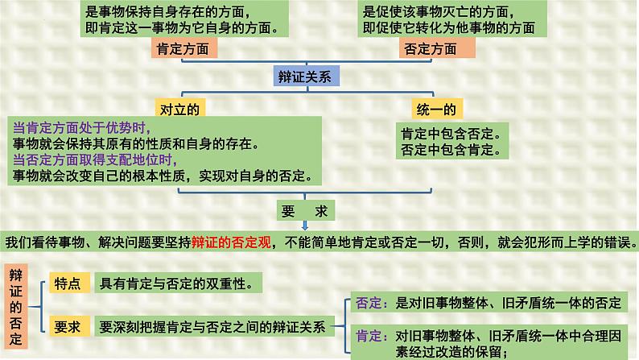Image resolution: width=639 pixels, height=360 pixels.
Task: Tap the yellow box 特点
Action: pos(67,283)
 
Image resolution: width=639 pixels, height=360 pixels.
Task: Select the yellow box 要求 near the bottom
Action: pos(67,327)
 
